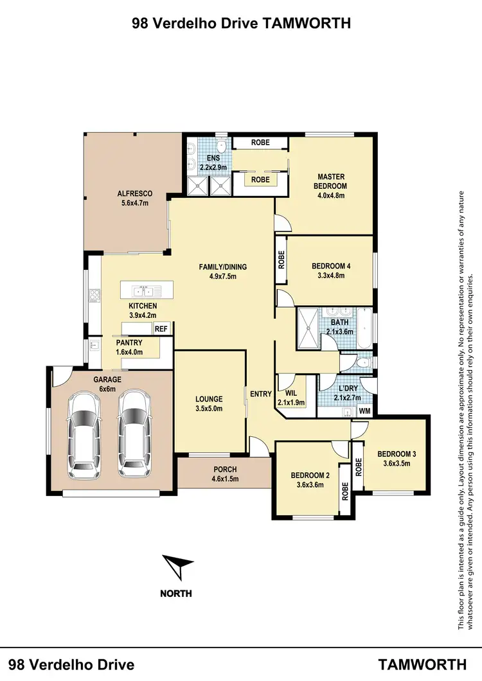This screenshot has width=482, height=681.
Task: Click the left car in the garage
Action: click(x=84, y=431)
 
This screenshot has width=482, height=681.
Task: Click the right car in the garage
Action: click(x=134, y=431)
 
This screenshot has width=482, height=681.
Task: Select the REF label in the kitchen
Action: click(x=161, y=329)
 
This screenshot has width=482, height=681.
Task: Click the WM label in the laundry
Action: click(x=365, y=411)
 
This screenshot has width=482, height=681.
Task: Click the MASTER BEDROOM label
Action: click(x=331, y=181)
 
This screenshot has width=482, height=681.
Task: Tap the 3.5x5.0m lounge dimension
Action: click(x=210, y=408)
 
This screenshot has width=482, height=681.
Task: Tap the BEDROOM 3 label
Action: click(x=397, y=454)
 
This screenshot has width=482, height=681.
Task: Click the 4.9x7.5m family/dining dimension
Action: click(x=224, y=277)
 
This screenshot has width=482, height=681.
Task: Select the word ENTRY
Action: click(x=261, y=394)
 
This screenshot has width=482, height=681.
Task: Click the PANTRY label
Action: click(x=129, y=343)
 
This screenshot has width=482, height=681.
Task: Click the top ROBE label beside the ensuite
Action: click(x=260, y=143)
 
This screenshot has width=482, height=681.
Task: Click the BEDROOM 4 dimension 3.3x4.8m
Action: click(x=331, y=276)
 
